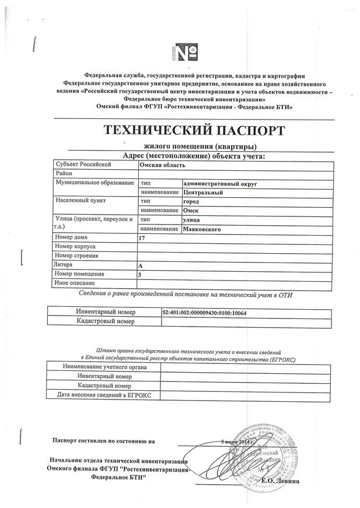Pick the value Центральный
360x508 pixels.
[x=202, y=192]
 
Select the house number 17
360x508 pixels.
[x=142, y=239]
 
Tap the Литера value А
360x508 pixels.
[x=141, y=266]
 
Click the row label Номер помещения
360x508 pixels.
[x=79, y=274]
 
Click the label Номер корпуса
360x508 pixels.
[x=76, y=247]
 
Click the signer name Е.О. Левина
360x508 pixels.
[x=281, y=481]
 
